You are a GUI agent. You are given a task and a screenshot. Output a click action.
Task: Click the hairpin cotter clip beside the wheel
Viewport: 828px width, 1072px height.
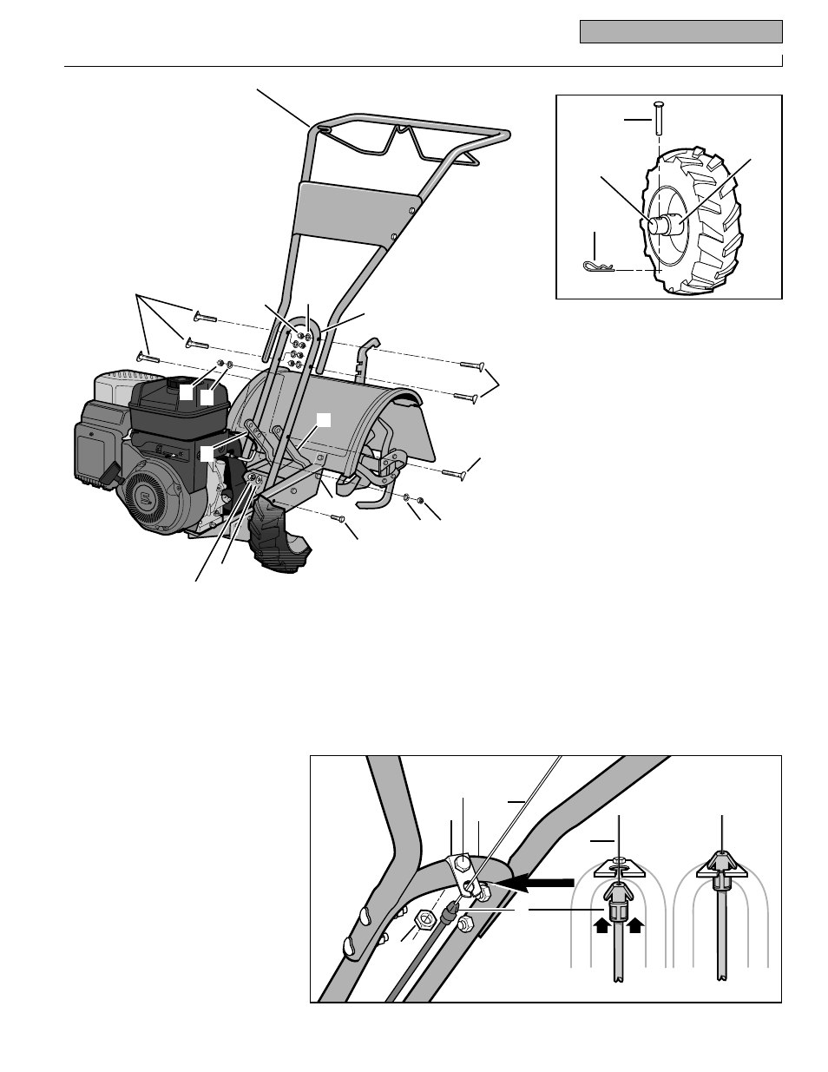coord(597,266)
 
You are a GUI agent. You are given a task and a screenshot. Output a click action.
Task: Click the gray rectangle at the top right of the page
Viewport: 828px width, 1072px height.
coord(680,33)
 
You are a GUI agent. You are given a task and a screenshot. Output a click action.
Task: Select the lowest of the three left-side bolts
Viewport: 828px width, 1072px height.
coord(148,355)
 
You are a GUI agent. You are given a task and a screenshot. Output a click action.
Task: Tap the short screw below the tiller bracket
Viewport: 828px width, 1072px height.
coord(339,518)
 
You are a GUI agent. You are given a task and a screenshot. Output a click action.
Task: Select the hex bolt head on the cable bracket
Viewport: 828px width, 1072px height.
coord(463,864)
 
